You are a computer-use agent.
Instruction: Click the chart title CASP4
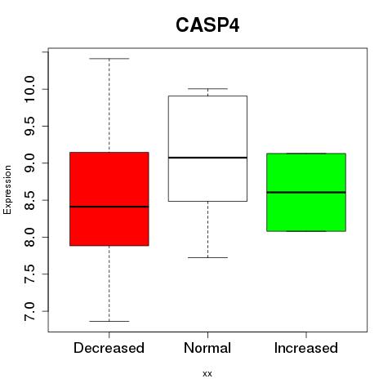click(x=207, y=25)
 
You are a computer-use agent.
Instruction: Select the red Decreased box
click(x=109, y=199)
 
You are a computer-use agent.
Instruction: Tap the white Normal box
click(x=207, y=149)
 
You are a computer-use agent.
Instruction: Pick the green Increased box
click(x=306, y=193)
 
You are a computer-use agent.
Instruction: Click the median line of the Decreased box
click(x=109, y=207)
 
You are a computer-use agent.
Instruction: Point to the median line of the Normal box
click(x=207, y=158)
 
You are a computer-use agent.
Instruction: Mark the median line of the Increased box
click(x=306, y=192)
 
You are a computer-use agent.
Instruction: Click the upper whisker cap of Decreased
click(x=109, y=59)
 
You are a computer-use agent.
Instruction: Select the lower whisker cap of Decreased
click(x=109, y=321)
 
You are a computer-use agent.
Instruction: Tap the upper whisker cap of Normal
click(x=207, y=89)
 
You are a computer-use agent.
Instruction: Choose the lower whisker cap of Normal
click(x=207, y=257)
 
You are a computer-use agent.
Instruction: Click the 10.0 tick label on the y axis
click(x=29, y=89)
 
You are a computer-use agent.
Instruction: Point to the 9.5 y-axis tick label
click(x=29, y=127)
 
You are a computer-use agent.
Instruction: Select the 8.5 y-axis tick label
click(x=29, y=200)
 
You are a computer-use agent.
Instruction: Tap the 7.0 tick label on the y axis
click(x=29, y=311)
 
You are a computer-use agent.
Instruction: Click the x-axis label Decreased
click(x=109, y=348)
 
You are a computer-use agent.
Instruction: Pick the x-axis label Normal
click(x=207, y=348)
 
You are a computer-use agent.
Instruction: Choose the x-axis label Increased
click(x=306, y=348)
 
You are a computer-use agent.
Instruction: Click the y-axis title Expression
click(x=7, y=189)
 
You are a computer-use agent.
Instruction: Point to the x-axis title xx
click(x=207, y=374)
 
